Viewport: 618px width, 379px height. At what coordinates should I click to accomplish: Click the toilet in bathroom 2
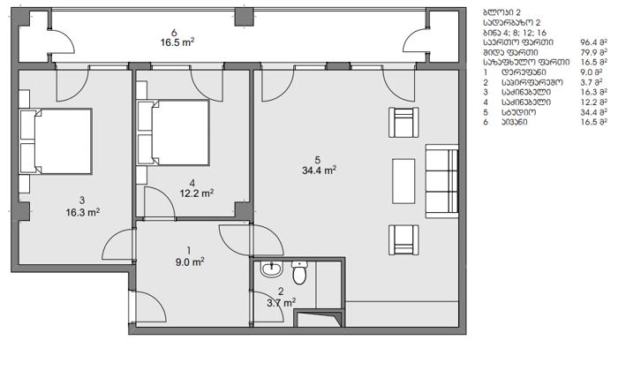click(x=299, y=272)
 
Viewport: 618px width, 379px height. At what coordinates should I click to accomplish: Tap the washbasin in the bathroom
click(x=272, y=269)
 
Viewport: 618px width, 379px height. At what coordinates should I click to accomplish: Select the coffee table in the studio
click(x=403, y=181)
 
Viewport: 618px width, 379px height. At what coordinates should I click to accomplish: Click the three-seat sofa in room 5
click(x=441, y=181)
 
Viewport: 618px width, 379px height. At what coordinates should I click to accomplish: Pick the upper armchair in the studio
click(x=403, y=122)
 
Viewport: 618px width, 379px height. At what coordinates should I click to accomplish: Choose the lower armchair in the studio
click(x=403, y=239)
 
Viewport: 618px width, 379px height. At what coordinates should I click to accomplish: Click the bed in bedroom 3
click(x=56, y=141)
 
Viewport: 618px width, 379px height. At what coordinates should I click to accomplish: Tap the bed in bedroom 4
click(x=173, y=133)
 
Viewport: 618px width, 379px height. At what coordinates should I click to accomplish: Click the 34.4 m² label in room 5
click(x=319, y=171)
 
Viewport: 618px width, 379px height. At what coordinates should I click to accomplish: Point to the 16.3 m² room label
click(x=83, y=213)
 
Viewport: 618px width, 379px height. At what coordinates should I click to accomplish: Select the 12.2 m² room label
click(x=197, y=193)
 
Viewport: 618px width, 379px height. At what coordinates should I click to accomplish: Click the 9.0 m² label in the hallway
click(x=190, y=262)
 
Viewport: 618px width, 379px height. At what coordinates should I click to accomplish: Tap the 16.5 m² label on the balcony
click(x=177, y=42)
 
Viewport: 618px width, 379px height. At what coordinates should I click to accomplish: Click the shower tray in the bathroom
click(x=319, y=319)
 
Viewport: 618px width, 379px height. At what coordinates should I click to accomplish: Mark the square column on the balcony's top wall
click(x=244, y=17)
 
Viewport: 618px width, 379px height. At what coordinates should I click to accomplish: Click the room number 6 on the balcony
click(x=174, y=33)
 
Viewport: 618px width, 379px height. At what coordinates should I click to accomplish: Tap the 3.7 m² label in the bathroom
click(x=282, y=303)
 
